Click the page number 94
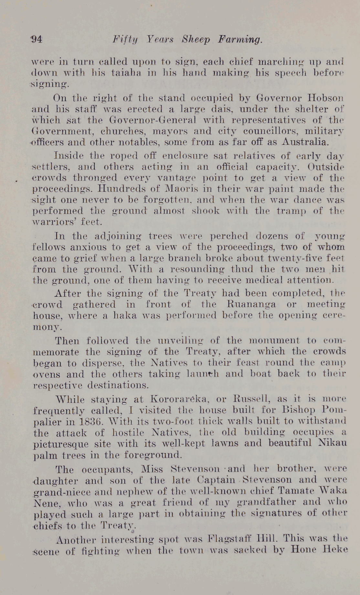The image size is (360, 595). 36,39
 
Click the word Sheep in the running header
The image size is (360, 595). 196,40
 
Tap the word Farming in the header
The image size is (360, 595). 240,40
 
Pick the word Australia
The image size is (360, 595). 305,142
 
